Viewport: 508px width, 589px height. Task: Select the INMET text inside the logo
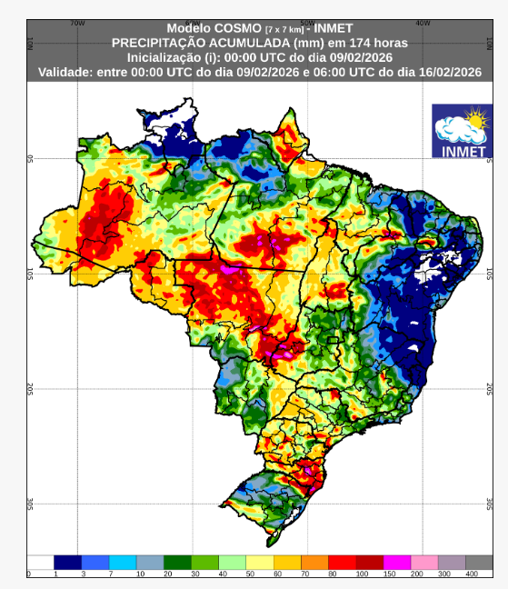click(x=462, y=150)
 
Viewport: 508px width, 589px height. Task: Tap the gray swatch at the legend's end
click(x=479, y=562)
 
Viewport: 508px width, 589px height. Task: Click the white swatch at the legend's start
click(x=41, y=562)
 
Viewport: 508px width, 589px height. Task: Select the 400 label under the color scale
click(x=473, y=574)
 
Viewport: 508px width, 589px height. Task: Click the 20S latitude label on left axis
click(x=30, y=388)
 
